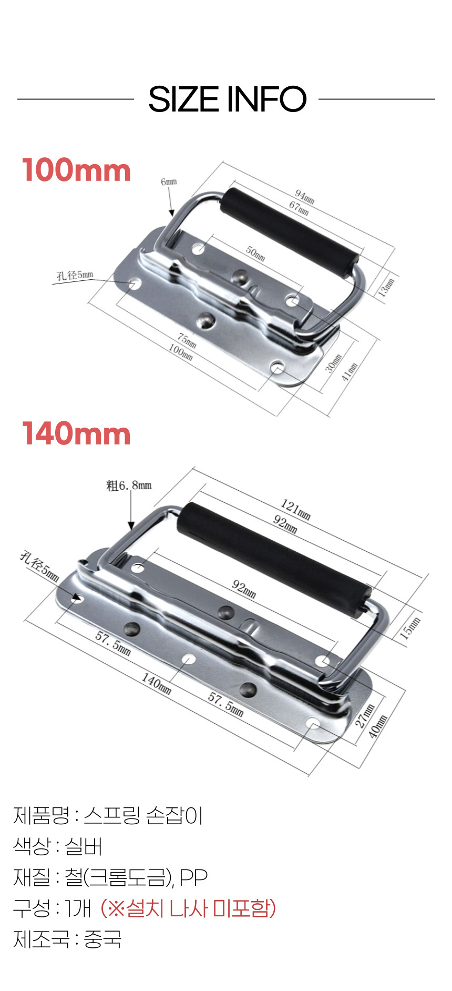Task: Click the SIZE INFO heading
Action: (x=227, y=99)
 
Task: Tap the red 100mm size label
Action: (x=77, y=170)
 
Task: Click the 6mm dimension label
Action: (x=169, y=181)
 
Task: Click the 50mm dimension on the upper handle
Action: (x=255, y=253)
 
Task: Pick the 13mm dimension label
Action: (x=386, y=287)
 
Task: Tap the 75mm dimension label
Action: (x=187, y=340)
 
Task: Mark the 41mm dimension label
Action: (x=350, y=372)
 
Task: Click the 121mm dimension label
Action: (x=295, y=509)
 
